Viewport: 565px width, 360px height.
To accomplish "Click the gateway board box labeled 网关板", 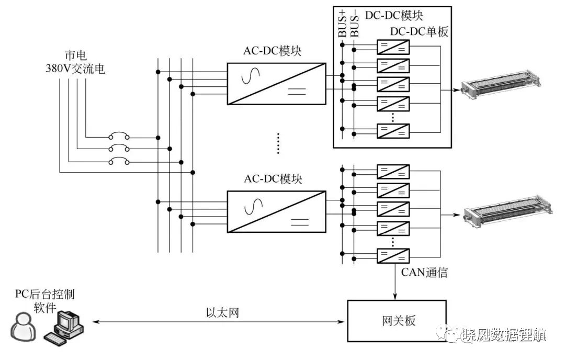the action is pos(397,321).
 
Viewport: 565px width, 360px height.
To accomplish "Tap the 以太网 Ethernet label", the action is pos(223,312).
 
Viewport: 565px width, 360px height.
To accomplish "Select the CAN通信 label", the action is pos(424,272).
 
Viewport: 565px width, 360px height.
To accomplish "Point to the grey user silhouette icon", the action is pos(24,327).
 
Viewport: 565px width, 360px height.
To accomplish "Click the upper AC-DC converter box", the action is pos(276,84).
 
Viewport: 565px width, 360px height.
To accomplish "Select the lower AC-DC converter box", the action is pos(276,212).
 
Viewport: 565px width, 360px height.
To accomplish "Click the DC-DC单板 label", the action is pos(419,32).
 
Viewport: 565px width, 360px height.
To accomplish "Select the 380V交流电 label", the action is pos(75,69).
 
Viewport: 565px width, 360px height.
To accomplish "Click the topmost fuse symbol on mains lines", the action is pos(119,137).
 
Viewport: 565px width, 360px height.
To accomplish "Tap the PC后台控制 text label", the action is pos(44,294).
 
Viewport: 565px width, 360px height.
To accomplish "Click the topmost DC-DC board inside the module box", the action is pos(393,47).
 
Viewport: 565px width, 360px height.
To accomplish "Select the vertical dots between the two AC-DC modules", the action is pos(278,143).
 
